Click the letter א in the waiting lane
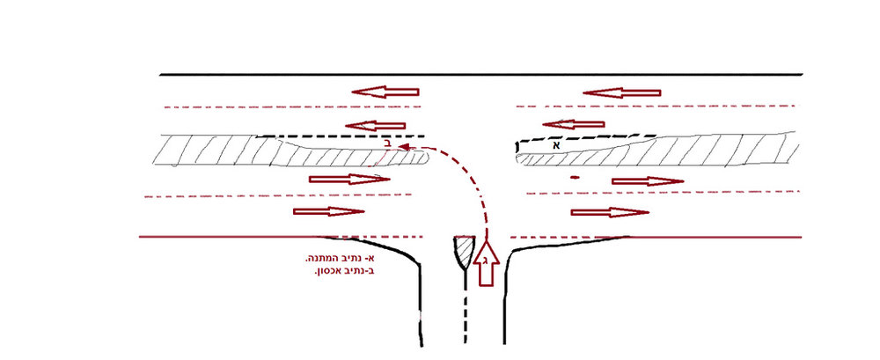point(557,145)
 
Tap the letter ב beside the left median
point(387,143)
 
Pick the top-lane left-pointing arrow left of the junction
point(385,92)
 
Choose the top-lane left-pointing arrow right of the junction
point(621,92)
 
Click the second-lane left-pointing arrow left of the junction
point(375,125)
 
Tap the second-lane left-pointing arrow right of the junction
point(574,124)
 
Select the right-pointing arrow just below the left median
point(349,180)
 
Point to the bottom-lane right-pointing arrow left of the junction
point(329,211)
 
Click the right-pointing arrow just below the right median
point(648,180)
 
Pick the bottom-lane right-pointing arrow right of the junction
point(610,212)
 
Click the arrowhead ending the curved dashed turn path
point(402,147)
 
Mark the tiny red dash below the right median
point(574,178)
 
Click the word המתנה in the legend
point(317,260)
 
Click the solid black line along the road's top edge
point(481,74)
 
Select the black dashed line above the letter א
point(587,137)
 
